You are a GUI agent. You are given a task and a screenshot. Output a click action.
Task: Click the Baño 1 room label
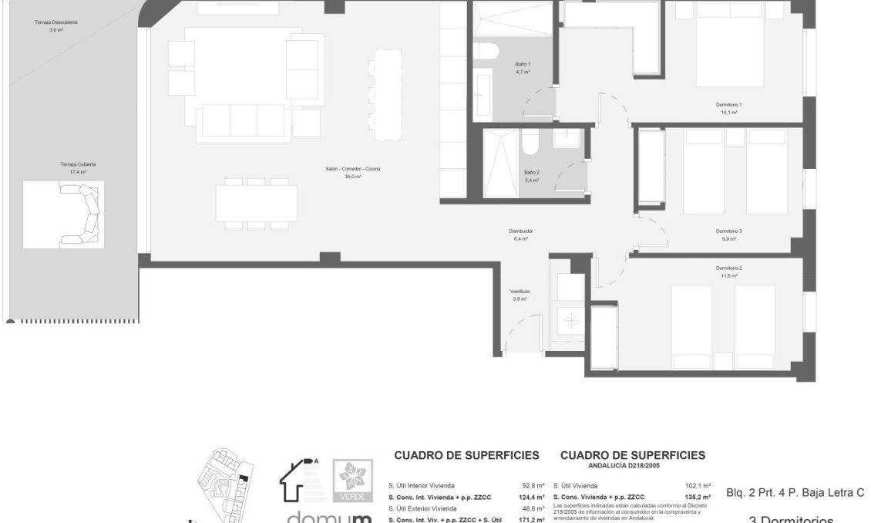[523, 64]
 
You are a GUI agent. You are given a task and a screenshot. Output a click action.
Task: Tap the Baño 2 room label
[531, 172]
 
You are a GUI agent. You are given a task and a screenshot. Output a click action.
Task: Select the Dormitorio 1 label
[728, 104]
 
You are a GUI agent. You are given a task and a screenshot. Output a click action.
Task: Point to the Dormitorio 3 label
[728, 231]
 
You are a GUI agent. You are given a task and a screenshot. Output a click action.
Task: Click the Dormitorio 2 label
[728, 268]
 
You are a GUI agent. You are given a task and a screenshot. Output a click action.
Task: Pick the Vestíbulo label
[520, 291]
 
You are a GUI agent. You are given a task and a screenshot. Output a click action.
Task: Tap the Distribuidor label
[521, 231]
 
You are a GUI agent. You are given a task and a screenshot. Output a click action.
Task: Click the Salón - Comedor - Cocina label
[353, 169]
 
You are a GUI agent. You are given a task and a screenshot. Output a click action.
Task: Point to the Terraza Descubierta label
[55, 22]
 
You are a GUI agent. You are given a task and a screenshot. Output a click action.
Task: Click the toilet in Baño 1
[487, 51]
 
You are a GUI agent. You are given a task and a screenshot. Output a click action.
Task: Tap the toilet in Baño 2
[530, 143]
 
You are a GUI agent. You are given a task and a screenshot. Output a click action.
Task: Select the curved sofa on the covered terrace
[82, 216]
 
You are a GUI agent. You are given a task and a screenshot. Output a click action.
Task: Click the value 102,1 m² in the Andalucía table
[698, 486]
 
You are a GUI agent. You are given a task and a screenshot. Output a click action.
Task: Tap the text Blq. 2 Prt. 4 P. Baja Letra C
[795, 493]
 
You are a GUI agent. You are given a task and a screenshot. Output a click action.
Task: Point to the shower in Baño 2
[499, 164]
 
